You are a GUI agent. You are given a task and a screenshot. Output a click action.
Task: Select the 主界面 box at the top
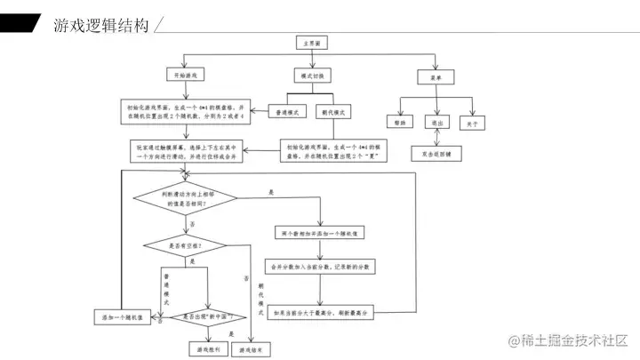point(312,42)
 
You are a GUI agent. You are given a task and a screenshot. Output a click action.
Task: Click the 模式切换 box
point(313,77)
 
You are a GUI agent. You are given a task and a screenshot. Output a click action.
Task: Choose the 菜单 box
point(436,77)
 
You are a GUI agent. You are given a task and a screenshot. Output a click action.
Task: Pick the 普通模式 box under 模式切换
point(287,111)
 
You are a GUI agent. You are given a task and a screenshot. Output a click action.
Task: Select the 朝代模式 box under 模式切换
point(337,111)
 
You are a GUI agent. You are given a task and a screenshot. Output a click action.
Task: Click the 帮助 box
point(397,124)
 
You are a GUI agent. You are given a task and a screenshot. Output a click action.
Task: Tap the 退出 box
point(436,124)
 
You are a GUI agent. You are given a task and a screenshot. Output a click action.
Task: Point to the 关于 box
point(474,124)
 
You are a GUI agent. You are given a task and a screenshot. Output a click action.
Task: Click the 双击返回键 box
point(436,153)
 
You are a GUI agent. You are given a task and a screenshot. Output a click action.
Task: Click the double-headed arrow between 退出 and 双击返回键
point(436,138)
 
